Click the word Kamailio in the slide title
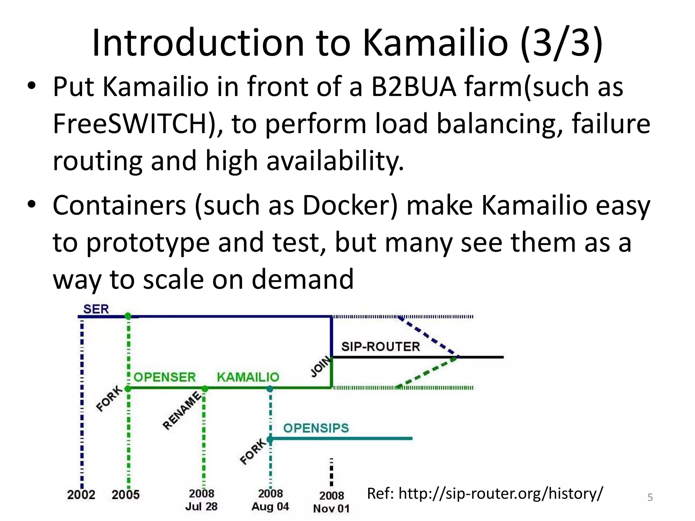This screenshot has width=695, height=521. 435,43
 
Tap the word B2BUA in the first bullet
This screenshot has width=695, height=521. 414,87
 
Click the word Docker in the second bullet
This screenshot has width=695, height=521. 350,206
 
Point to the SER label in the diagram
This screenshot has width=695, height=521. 96,309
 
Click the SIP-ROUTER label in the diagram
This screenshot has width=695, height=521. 380,347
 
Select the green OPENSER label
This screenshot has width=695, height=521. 165,377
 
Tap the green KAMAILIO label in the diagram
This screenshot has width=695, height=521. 248,377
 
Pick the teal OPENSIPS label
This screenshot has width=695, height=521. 316,428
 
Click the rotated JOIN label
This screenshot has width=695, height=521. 321,366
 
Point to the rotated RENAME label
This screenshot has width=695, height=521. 182,410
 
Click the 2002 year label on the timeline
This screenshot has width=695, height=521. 81,495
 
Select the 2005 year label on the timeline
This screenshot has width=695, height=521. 126,495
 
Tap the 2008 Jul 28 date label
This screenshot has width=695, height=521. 202,500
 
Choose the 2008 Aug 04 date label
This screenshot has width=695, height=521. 270,500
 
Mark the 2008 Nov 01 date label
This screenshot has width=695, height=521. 332,502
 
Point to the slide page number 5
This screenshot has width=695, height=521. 650,498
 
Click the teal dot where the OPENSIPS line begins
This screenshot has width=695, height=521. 270,440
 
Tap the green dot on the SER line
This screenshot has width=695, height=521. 128,316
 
